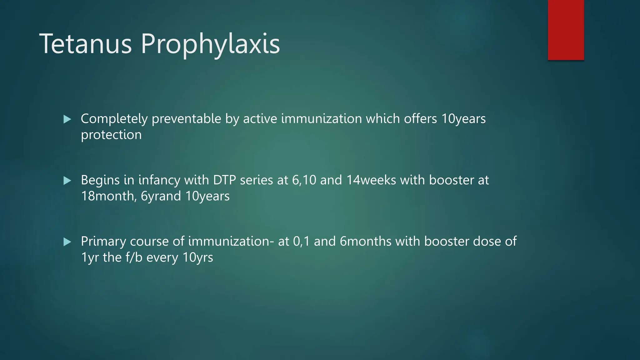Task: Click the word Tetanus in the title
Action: (x=85, y=44)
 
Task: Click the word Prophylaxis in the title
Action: (x=210, y=44)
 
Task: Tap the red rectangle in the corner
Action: (x=566, y=30)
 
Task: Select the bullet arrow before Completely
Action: (x=67, y=119)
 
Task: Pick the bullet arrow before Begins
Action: (x=67, y=180)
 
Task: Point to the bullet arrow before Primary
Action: (x=67, y=242)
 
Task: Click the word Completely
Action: (x=114, y=119)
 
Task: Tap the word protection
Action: (x=111, y=135)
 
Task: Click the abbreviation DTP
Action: (x=224, y=180)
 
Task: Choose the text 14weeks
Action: (x=371, y=180)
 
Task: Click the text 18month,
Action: (x=109, y=196)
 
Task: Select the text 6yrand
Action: (x=161, y=196)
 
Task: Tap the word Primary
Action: (x=103, y=242)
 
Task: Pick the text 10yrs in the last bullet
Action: (x=197, y=258)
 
